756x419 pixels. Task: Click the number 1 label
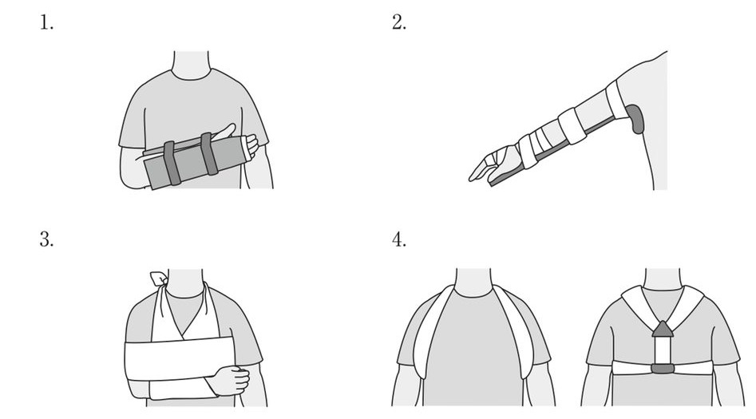46,22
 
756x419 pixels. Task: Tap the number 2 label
398,22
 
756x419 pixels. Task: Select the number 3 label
46,239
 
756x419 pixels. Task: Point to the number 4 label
398,239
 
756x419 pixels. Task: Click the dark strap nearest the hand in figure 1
209,153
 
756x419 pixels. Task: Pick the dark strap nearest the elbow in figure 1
172,163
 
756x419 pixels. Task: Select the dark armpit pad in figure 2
636,119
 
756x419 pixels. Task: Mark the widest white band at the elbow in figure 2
572,126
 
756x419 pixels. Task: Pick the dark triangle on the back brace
663,329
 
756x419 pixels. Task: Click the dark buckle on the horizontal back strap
663,369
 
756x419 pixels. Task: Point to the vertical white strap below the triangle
663,350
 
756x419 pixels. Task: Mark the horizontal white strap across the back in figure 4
663,369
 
